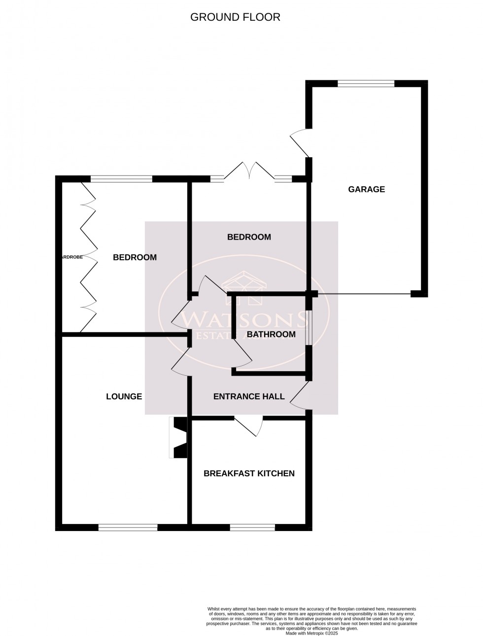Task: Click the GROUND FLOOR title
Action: click(x=235, y=17)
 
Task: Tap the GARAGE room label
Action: click(x=366, y=189)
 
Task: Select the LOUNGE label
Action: click(x=124, y=396)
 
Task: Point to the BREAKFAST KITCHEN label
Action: click(x=249, y=473)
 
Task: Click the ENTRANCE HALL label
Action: click(x=249, y=396)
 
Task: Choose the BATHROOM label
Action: click(x=271, y=334)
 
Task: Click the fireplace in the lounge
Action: click(x=178, y=438)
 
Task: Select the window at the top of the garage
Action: click(x=366, y=83)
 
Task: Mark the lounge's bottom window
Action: click(x=128, y=527)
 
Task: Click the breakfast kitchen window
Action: click(x=252, y=527)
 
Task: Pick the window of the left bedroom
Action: click(x=121, y=179)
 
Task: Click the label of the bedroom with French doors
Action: click(x=249, y=237)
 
